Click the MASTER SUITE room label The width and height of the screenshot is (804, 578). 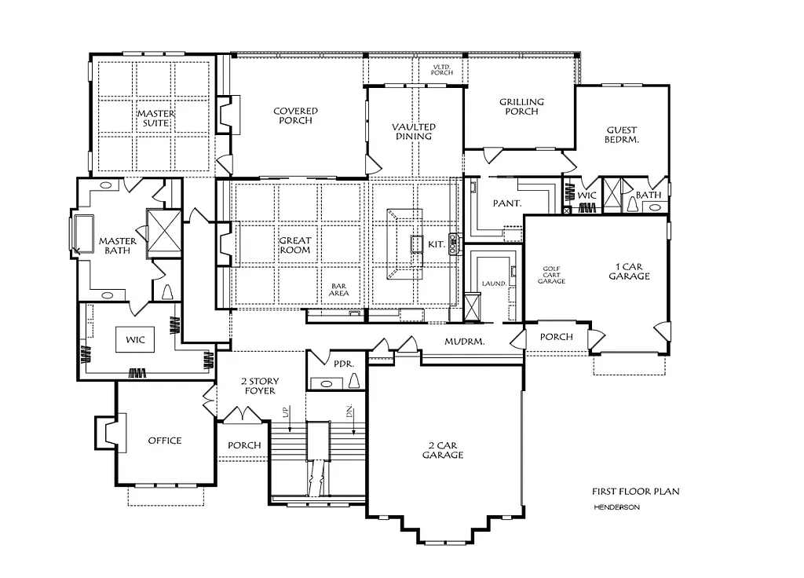click(156, 119)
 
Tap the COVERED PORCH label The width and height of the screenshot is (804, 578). click(295, 116)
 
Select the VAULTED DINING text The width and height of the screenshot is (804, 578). click(414, 131)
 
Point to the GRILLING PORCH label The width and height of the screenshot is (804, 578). click(521, 107)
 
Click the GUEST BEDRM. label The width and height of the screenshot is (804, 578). click(622, 135)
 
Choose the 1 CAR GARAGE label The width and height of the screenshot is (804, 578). click(628, 271)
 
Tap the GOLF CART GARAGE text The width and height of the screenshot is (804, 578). click(552, 275)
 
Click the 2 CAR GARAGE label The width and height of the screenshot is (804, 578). click(443, 450)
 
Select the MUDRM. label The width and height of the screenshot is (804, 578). click(464, 342)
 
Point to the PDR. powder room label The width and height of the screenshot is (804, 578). click(342, 365)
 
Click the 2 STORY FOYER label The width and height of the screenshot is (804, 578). click(259, 386)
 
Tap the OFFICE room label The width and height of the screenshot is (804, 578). click(165, 441)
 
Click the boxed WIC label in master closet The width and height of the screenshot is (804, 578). click(135, 339)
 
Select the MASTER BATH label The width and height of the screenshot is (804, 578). click(117, 246)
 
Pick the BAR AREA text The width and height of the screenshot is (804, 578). click(339, 289)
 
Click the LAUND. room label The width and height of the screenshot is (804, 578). click(492, 284)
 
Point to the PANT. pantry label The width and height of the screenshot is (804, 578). click(507, 203)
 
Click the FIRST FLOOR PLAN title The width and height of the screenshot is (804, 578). click(635, 492)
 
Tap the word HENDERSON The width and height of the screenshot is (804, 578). click(616, 507)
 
